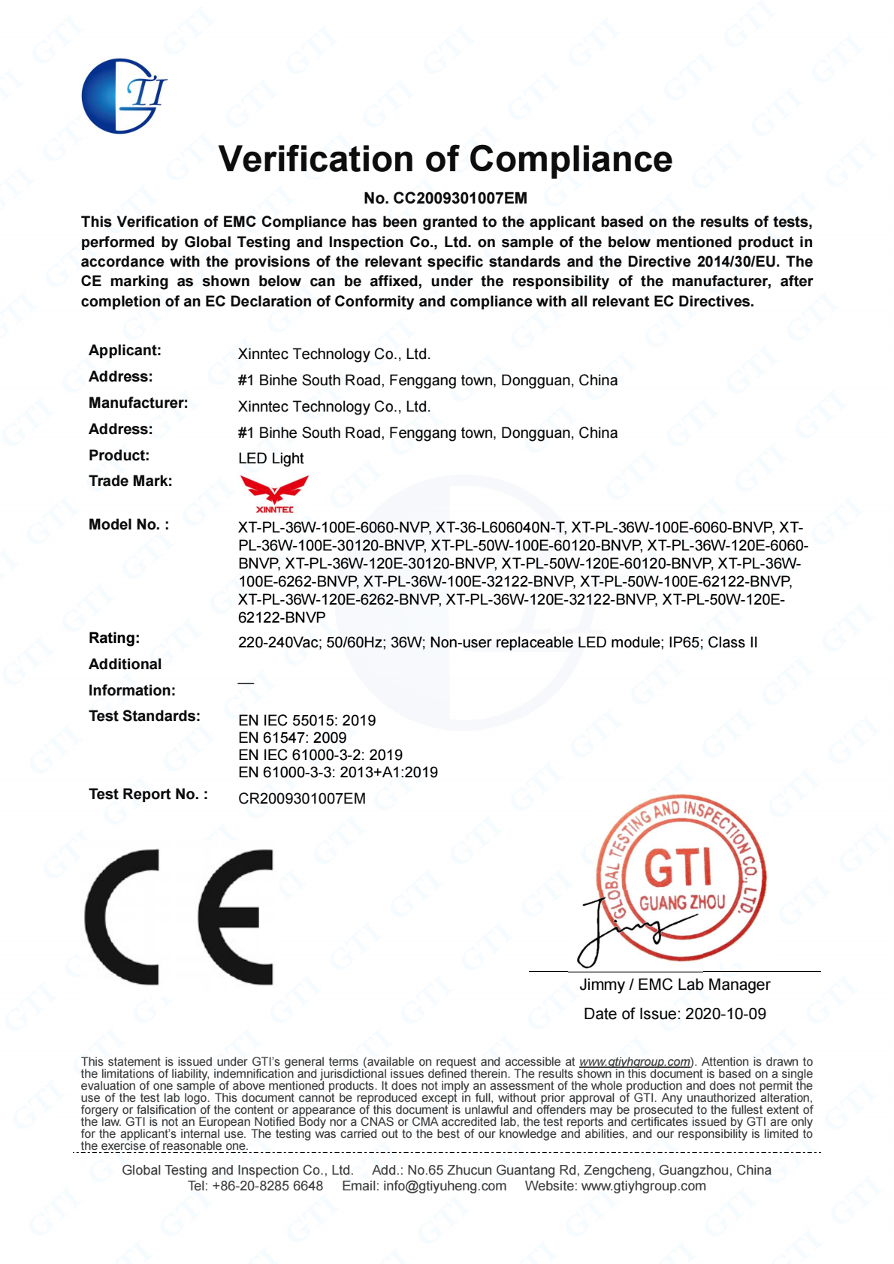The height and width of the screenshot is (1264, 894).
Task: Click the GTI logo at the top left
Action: pos(122,96)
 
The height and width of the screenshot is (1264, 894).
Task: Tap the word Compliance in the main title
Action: pos(571,159)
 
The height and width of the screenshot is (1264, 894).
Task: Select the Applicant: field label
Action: pos(125,351)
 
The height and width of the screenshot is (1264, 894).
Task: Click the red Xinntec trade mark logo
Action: pos(274,493)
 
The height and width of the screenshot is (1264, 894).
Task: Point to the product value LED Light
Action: pos(271,458)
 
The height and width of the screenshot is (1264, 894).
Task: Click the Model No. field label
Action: pos(128,525)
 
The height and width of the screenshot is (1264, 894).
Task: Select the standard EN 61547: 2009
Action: pos(292,738)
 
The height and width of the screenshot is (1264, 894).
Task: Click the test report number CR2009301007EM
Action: pos(302,798)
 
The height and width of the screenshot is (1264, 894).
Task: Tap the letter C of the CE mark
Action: pos(124,916)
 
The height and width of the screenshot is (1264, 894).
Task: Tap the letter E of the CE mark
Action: pos(237,916)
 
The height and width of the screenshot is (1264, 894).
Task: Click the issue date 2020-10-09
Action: pos(726,1014)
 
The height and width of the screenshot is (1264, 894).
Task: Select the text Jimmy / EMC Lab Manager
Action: pos(675,985)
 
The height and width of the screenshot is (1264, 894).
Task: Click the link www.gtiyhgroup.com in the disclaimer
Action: pos(635,1062)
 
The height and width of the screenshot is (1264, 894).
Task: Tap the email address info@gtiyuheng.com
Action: pos(445,1186)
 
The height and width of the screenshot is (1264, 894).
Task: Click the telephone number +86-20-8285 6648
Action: pos(267,1186)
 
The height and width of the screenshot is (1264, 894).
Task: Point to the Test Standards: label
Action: pos(144,716)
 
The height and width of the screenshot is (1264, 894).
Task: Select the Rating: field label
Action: pos(114,638)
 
